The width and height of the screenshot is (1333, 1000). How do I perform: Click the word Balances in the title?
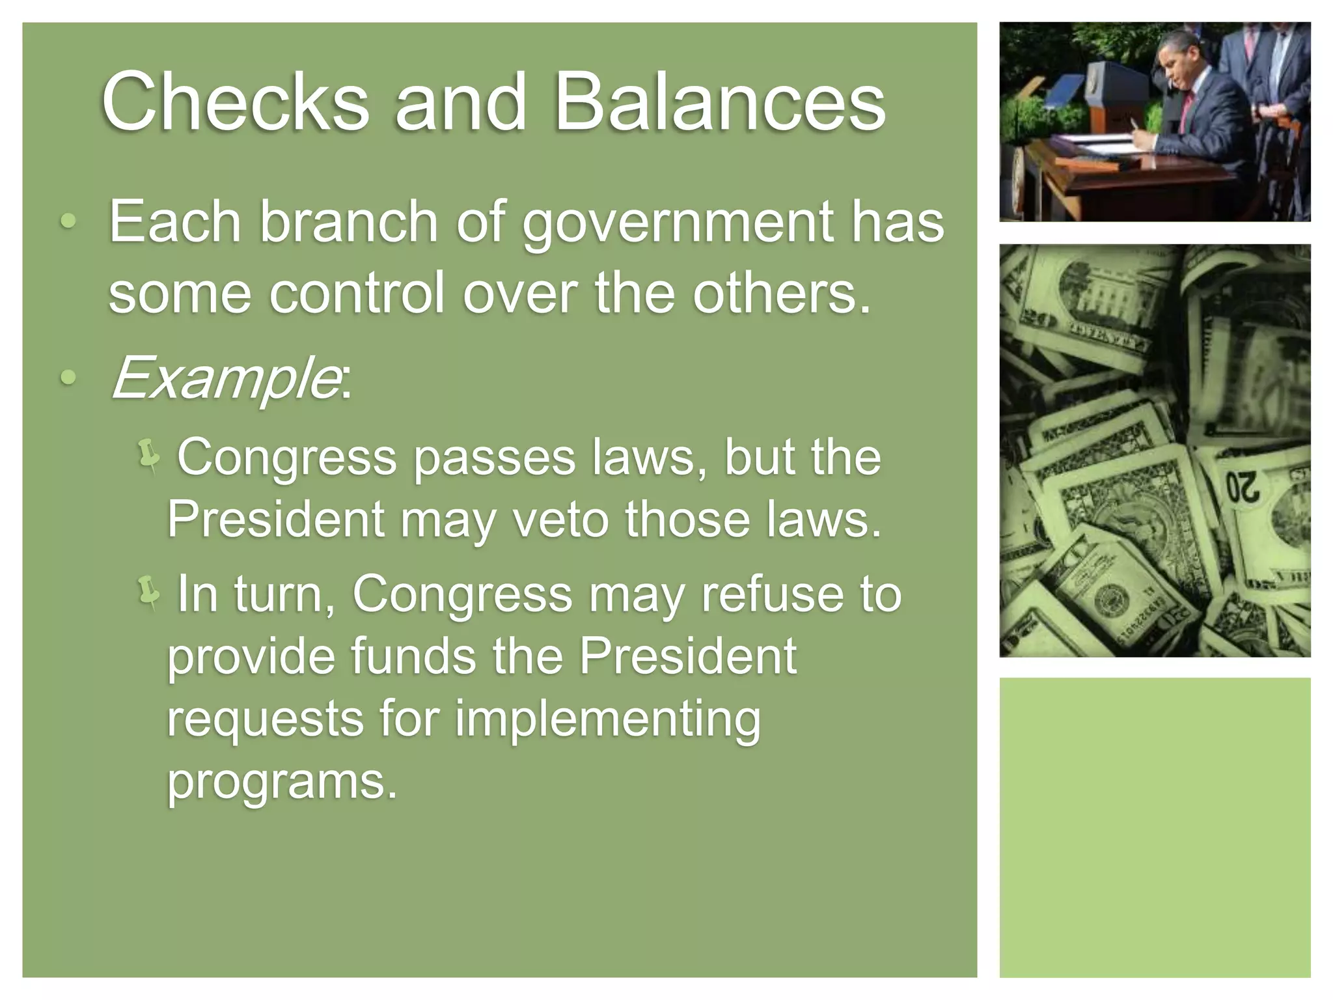[719, 102]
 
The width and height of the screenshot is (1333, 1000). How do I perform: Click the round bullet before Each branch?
[68, 223]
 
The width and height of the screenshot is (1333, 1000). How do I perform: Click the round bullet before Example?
[68, 377]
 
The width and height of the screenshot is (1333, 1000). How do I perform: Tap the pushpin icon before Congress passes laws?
[149, 455]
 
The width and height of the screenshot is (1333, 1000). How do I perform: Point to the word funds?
[413, 656]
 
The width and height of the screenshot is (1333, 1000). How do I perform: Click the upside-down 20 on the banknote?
[1243, 488]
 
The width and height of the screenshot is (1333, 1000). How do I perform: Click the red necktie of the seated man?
[1186, 110]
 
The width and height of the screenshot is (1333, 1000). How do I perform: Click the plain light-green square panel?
[1155, 827]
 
